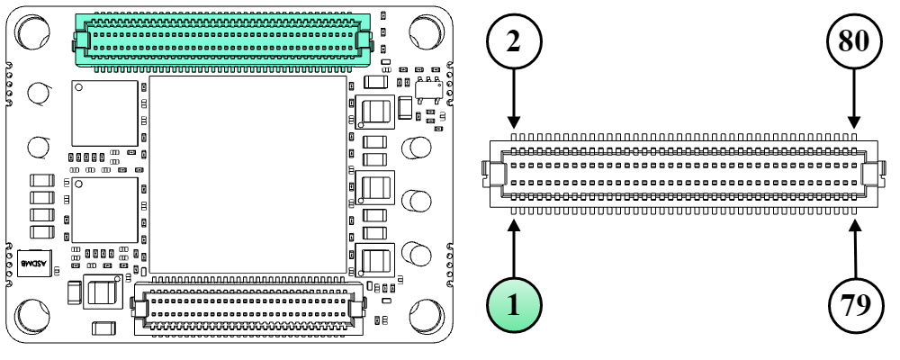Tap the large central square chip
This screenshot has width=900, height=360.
click(x=247, y=174)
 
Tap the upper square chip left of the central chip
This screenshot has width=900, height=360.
click(x=105, y=112)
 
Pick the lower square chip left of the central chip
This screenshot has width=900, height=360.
click(x=104, y=209)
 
